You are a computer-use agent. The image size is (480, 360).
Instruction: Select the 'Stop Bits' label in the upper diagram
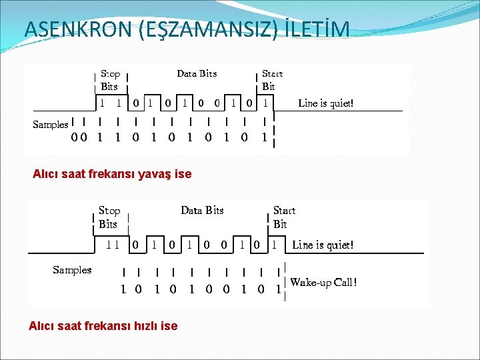point(110,80)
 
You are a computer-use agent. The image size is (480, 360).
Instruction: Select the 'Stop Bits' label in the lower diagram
point(109,217)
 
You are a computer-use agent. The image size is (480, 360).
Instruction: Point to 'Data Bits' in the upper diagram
point(197,73)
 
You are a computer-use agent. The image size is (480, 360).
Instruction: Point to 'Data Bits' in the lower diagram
point(202,211)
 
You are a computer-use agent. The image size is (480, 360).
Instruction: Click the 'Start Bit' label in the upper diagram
point(271,80)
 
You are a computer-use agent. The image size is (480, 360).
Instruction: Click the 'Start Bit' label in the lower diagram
point(283,217)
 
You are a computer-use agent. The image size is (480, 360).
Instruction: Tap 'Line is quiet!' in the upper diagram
point(326,103)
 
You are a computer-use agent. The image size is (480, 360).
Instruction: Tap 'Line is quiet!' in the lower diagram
point(323,245)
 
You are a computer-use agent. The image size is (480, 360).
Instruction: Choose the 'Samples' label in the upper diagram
point(51,125)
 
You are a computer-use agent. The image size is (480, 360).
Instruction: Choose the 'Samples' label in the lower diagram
point(72,269)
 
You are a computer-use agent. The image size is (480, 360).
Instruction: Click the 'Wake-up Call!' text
point(323,282)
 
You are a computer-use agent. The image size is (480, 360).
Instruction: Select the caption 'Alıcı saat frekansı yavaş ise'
point(112,174)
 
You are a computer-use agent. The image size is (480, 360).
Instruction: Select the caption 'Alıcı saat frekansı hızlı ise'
point(103,326)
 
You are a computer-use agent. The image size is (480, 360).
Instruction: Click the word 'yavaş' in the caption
point(154,174)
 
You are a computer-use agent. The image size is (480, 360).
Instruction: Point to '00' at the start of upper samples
point(79,138)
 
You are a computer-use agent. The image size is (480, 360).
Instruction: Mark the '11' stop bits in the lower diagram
point(113,245)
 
